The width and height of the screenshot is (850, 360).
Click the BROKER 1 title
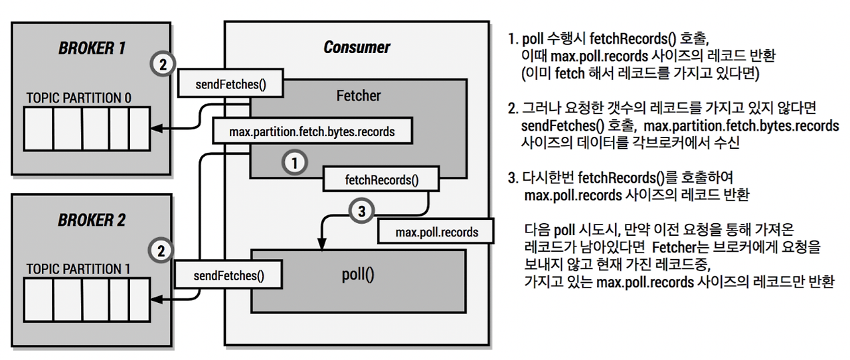coord(92,48)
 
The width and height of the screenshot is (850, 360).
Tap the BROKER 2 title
coord(92,221)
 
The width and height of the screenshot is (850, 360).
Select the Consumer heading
coord(357,47)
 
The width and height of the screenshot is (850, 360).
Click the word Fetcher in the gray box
coord(358,96)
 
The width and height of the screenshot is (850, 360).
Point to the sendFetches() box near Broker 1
coord(230,84)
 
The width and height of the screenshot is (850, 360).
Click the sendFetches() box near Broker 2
coord(228,275)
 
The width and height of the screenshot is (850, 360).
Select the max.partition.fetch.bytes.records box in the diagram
coord(312,132)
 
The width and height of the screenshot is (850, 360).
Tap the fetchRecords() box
coord(381,179)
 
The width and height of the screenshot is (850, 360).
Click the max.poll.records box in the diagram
coord(436,232)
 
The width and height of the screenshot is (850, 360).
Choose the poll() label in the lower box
coord(358,274)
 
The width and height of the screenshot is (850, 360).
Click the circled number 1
coord(294,163)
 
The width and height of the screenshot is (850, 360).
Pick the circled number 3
coord(362,211)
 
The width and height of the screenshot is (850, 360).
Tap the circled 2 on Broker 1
coord(163,64)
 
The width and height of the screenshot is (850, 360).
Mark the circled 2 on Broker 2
coord(161,250)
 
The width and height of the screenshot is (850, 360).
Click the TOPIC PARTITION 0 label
coord(78,98)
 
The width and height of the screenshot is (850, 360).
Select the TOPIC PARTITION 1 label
coord(78,269)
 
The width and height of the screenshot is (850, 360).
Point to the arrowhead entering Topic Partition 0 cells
coord(157,128)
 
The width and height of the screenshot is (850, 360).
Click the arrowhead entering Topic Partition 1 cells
coord(157,300)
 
